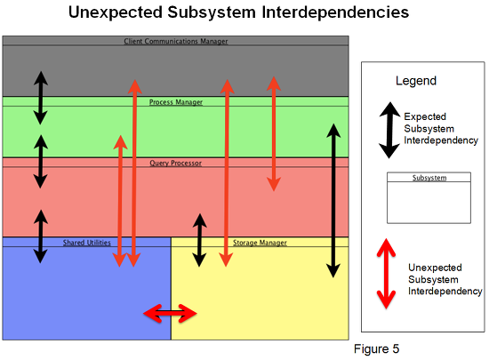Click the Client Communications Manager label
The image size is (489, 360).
click(176, 41)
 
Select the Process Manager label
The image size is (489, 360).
click(176, 102)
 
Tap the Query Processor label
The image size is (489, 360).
click(175, 163)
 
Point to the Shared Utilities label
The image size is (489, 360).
click(87, 243)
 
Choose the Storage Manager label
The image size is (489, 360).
click(260, 243)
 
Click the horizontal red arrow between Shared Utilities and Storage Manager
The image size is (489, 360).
click(170, 313)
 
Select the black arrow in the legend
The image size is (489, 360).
click(389, 130)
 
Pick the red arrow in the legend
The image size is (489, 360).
click(386, 274)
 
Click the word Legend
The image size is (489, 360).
click(416, 81)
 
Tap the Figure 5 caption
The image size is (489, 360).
click(376, 348)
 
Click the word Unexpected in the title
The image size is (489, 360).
click(115, 12)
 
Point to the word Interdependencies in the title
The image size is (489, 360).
click(335, 12)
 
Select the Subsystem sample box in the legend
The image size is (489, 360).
click(429, 197)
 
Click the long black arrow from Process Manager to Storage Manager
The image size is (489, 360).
click(333, 200)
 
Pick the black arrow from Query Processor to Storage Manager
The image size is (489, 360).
click(199, 240)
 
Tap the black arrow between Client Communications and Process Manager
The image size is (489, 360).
click(41, 98)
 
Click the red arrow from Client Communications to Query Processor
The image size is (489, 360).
click(274, 133)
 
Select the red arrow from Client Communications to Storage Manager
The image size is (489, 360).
click(227, 173)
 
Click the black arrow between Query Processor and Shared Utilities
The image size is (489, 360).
click(41, 236)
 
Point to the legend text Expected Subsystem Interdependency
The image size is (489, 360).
click(441, 128)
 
